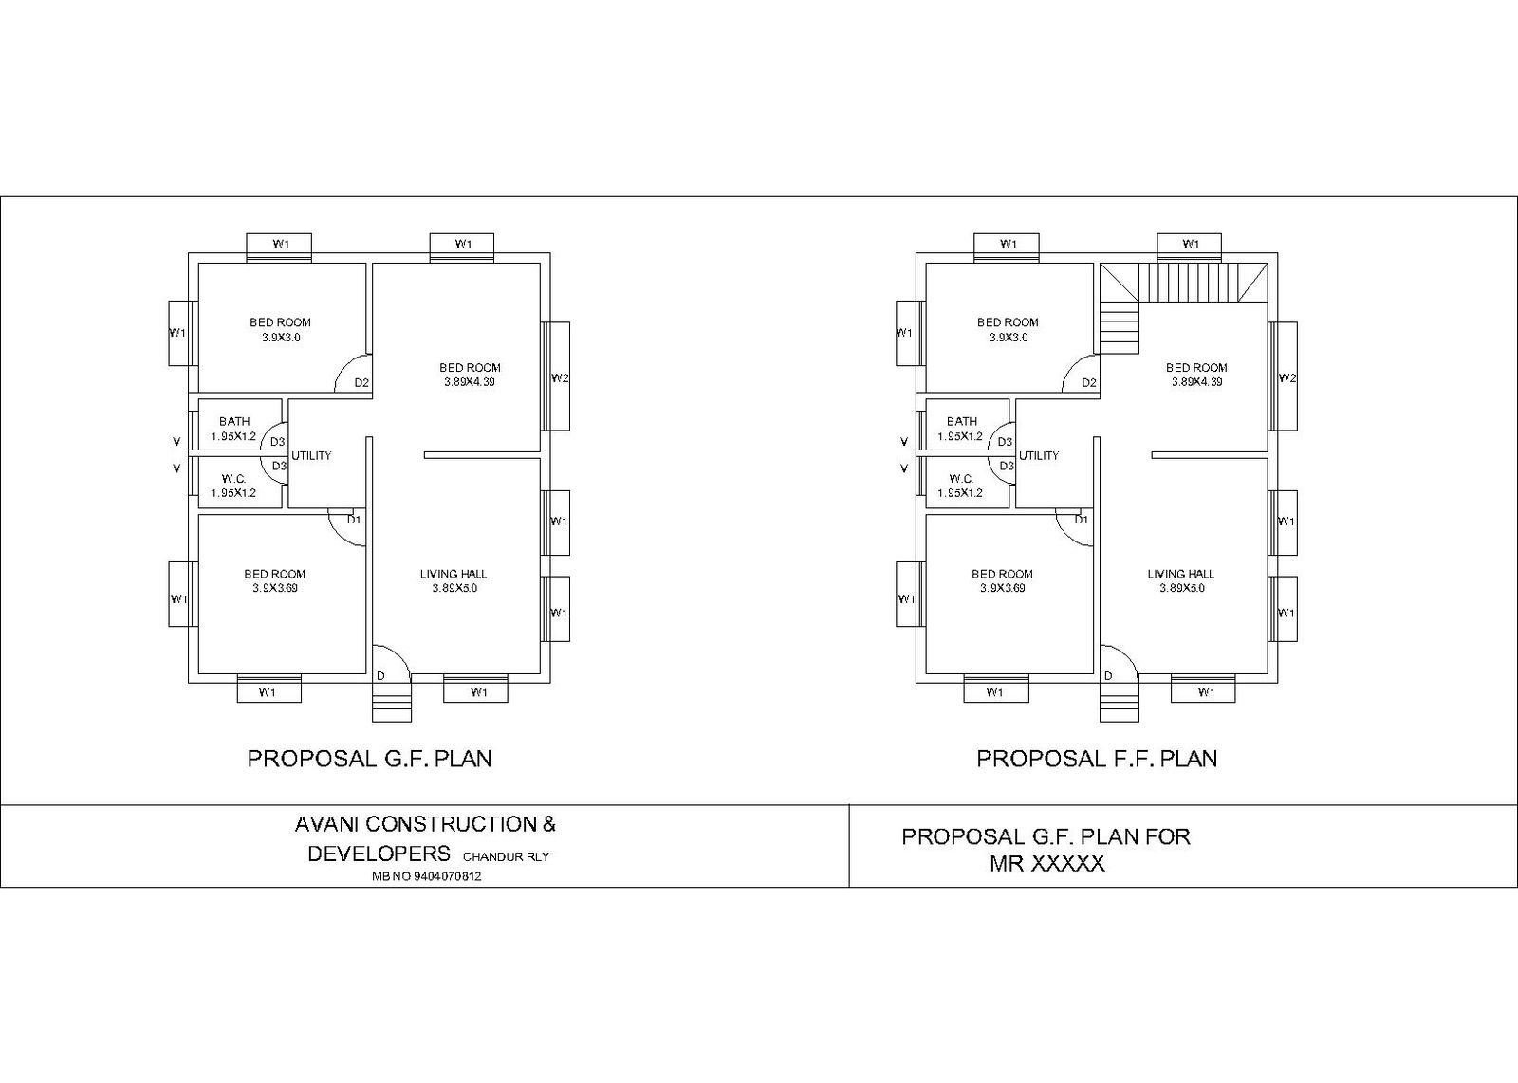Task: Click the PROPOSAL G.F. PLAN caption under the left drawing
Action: (x=369, y=759)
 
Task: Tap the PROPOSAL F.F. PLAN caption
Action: (x=1097, y=759)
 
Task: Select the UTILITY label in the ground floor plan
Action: (x=311, y=456)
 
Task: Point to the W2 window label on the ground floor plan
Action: (x=560, y=378)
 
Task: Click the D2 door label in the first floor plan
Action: (x=1089, y=383)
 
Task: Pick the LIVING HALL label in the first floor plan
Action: (x=1180, y=574)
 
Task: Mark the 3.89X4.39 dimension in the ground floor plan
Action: (x=470, y=382)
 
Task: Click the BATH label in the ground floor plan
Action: (x=234, y=421)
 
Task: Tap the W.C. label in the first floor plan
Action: (x=961, y=479)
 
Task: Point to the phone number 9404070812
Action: (x=427, y=877)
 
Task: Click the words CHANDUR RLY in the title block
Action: (x=506, y=857)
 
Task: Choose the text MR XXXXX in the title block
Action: (x=1046, y=865)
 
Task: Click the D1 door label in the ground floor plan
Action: (x=353, y=520)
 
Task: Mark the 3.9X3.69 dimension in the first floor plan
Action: (x=1002, y=588)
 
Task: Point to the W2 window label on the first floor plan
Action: (x=1287, y=378)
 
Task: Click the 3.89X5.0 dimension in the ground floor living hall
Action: (x=454, y=588)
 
